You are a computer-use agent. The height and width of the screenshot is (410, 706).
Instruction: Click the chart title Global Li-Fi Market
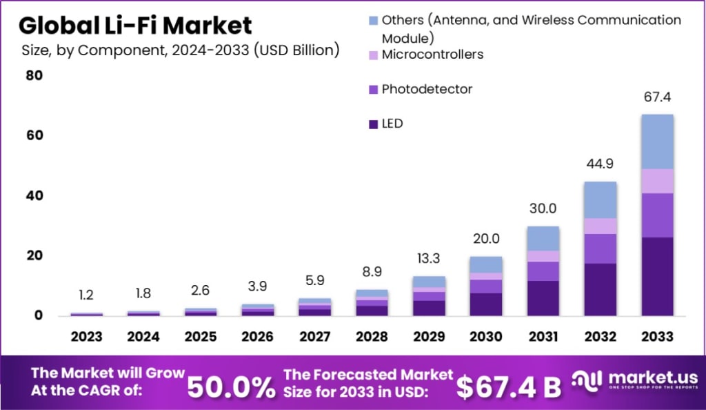tap(135, 26)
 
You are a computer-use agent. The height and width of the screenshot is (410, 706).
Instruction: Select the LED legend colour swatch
tap(372, 124)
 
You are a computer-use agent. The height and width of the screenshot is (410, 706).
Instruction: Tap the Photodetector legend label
tap(427, 89)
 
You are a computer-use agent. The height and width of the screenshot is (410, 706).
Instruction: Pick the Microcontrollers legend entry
tap(432, 54)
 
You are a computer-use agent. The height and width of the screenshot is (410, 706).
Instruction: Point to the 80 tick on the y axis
tap(34, 75)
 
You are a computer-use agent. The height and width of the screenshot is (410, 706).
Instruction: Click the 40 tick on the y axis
tap(34, 196)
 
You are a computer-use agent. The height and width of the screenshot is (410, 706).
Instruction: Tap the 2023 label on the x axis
tap(86, 337)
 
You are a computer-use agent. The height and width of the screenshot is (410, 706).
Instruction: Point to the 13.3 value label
tap(428, 258)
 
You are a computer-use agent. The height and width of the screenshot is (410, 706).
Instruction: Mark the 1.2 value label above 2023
tap(86, 295)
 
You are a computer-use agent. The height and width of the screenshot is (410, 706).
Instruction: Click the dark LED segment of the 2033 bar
tap(656, 276)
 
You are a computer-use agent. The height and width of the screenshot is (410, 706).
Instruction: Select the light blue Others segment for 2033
tap(656, 141)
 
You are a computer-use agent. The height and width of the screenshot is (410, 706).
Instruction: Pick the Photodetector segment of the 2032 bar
tap(600, 248)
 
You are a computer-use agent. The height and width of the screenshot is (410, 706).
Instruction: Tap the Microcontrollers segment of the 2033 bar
tap(656, 181)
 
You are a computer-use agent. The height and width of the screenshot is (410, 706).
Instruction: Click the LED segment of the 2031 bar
tap(543, 298)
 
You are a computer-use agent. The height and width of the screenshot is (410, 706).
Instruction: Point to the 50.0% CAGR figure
tap(231, 387)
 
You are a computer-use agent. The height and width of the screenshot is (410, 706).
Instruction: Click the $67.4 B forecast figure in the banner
tap(510, 387)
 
